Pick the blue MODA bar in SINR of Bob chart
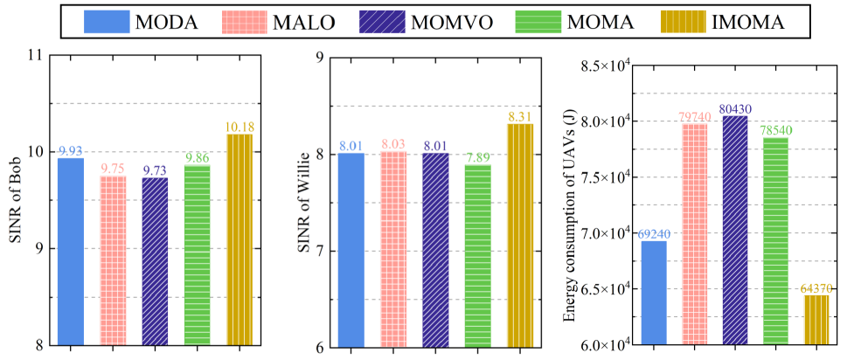pos(71,251)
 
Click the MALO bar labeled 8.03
pos(393,249)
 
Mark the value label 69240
pos(654,234)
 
